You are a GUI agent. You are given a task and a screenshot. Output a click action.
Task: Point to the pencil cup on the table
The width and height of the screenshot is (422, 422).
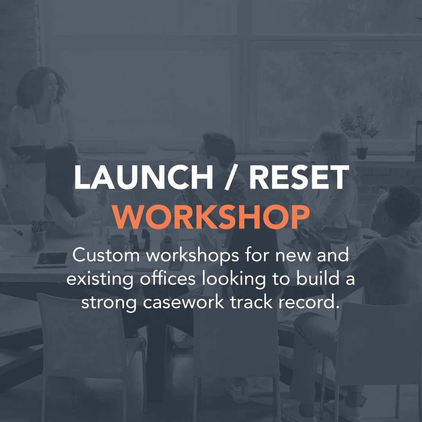38,236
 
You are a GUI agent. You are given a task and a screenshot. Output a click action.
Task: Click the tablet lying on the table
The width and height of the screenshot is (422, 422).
51,259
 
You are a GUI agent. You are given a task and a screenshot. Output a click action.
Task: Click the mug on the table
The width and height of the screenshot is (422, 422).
118,243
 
